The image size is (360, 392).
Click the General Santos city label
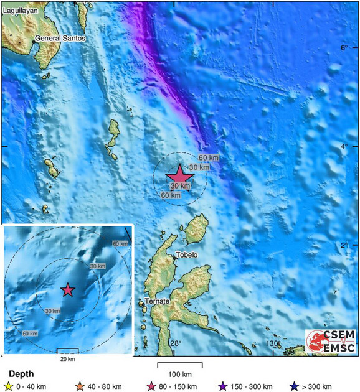click(x=60, y=39)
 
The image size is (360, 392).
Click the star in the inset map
click(x=67, y=290)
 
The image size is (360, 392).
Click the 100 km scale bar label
click(x=179, y=374)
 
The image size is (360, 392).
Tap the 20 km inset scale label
click(x=67, y=359)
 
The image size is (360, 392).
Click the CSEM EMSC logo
click(x=331, y=341)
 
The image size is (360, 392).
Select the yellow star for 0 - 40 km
click(x=9, y=386)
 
